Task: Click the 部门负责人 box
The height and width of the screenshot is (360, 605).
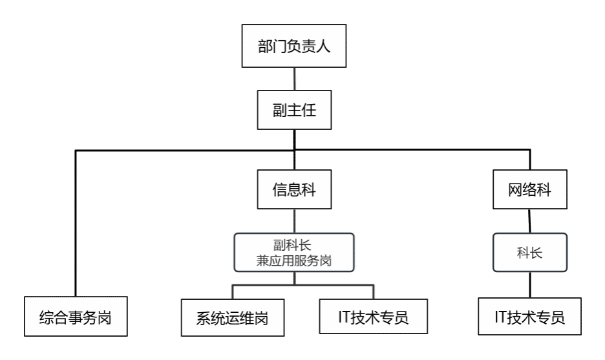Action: (x=294, y=46)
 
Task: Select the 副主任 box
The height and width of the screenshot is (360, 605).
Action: (x=294, y=110)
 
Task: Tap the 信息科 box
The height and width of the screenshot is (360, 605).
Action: (x=294, y=190)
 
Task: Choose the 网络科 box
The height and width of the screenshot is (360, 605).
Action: (x=529, y=190)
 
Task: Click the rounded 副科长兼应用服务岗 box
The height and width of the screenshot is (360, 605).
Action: (x=294, y=253)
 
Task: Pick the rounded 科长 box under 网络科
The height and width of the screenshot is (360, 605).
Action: (x=529, y=253)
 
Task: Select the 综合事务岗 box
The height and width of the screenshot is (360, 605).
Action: (x=76, y=317)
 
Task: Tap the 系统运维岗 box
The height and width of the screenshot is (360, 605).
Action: (x=232, y=318)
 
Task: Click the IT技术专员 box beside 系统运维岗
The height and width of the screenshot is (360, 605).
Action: (x=373, y=317)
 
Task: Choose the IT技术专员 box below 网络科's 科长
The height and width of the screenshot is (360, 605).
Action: (x=529, y=317)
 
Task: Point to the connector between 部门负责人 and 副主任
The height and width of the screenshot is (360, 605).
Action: (x=294, y=79)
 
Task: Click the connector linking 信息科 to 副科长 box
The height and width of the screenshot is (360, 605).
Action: (x=294, y=221)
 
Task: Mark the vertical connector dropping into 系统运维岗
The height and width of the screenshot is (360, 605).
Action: (x=232, y=292)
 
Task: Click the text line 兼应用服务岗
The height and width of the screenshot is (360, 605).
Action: (x=294, y=261)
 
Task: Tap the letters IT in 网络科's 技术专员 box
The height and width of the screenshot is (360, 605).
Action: (x=501, y=317)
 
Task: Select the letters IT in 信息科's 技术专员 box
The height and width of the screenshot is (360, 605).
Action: (x=345, y=317)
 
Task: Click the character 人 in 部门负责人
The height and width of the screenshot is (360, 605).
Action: (x=323, y=47)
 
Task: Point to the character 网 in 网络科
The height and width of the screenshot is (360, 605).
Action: (x=515, y=190)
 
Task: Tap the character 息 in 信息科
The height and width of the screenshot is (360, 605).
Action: (x=294, y=190)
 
